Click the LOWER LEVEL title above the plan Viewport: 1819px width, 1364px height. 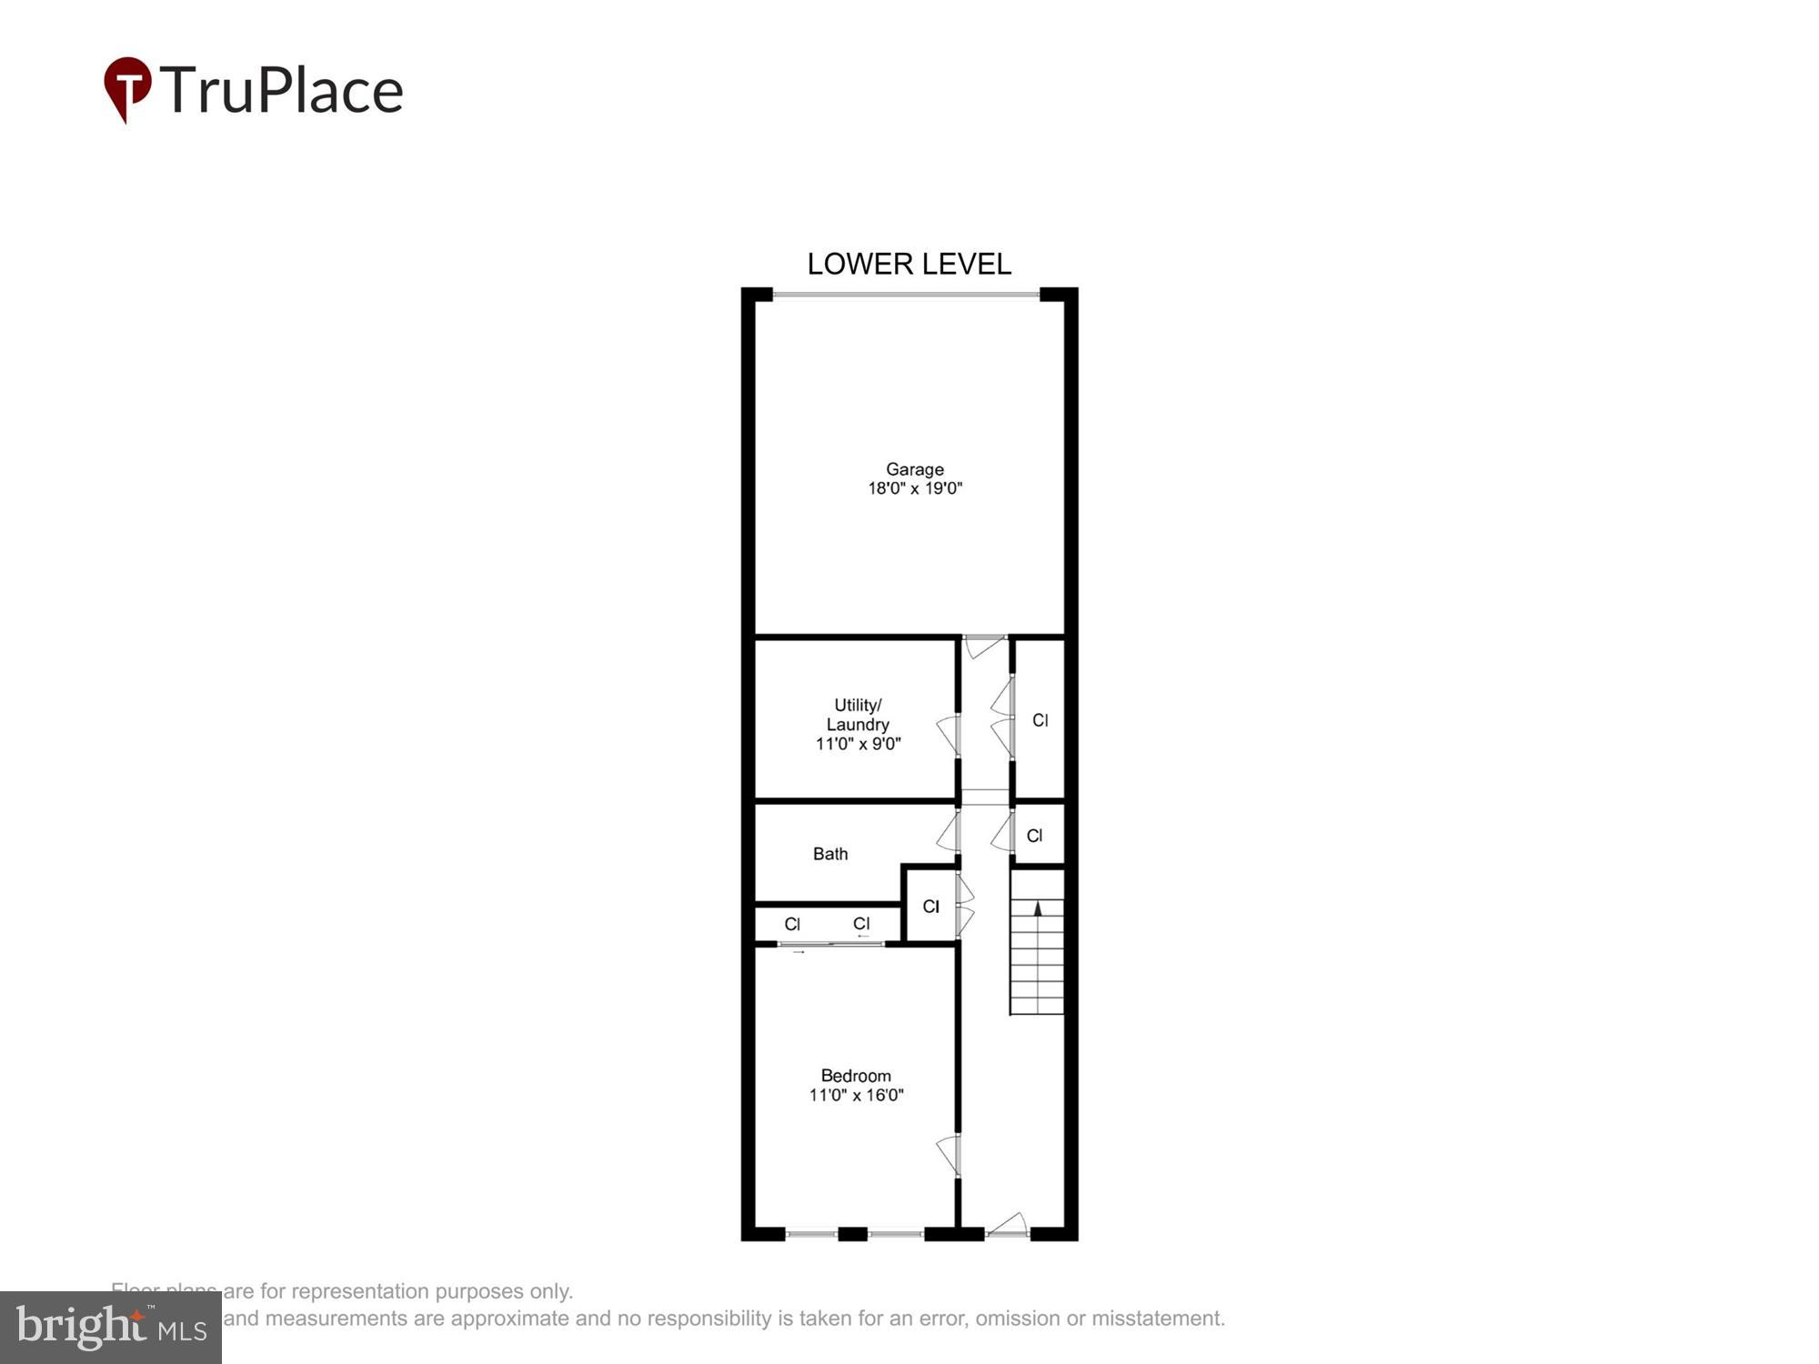click(x=909, y=264)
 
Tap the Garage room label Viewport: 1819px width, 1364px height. click(x=914, y=469)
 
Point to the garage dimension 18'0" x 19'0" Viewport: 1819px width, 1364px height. click(x=914, y=488)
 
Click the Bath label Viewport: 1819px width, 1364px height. click(x=829, y=854)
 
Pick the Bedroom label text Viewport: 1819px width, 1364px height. click(x=855, y=1076)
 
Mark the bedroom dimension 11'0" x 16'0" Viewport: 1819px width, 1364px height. click(x=855, y=1095)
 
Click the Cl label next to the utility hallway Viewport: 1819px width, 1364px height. click(x=1040, y=720)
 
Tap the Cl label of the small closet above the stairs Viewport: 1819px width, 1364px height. click(x=1034, y=836)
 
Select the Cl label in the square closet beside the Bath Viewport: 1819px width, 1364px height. click(x=930, y=907)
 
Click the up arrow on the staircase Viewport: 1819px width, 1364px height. click(x=1038, y=908)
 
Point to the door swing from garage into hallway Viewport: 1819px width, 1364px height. click(x=984, y=647)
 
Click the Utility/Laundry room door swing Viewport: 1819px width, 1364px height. click(x=948, y=734)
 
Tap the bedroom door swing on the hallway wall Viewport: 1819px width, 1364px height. click(x=948, y=1154)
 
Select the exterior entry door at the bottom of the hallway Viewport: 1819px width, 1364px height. click(x=1008, y=1225)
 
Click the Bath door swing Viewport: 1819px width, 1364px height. click(x=948, y=832)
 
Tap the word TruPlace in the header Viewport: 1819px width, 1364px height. click(x=281, y=90)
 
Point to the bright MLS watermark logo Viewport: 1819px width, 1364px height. click(x=110, y=1328)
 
